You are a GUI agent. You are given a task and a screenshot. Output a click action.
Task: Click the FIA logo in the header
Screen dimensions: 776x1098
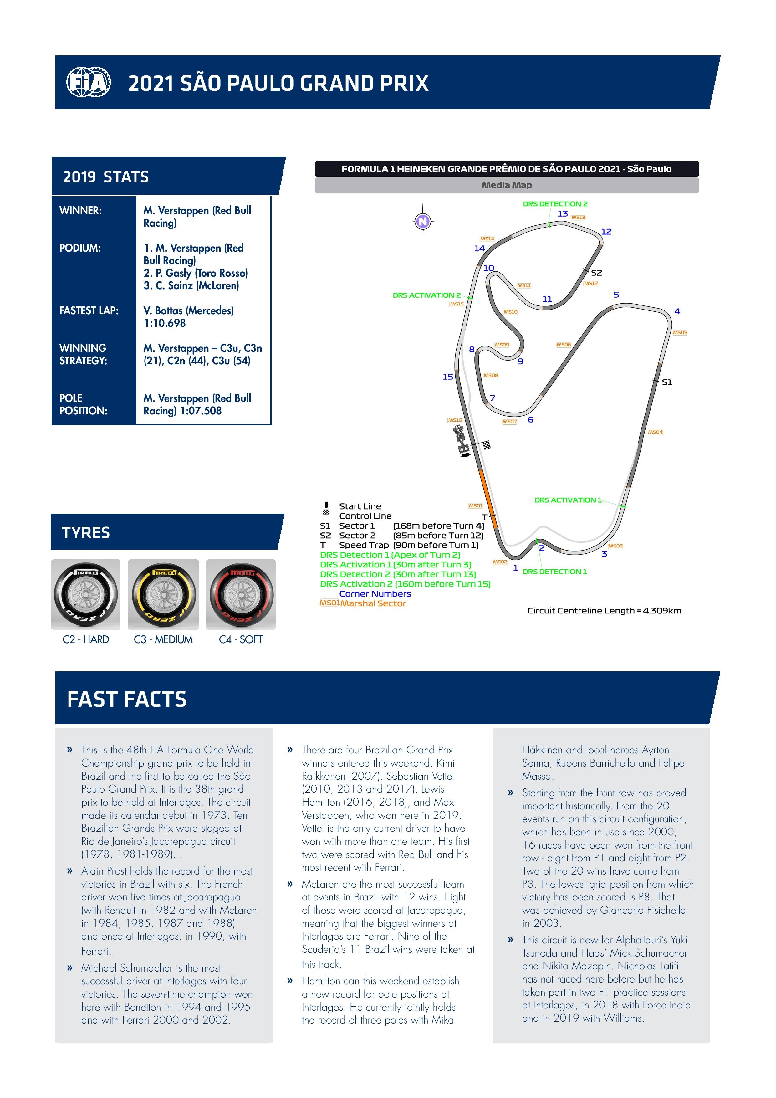(89, 82)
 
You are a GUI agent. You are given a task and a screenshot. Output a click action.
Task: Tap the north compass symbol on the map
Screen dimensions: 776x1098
(423, 221)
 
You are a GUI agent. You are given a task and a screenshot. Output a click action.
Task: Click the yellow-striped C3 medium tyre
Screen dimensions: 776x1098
(164, 594)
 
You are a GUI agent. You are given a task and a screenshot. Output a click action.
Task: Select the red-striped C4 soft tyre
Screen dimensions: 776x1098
(241, 594)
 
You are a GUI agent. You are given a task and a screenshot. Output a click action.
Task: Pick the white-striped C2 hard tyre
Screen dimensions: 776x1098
(86, 594)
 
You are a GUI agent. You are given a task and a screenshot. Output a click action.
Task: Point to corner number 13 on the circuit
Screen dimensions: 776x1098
(563, 214)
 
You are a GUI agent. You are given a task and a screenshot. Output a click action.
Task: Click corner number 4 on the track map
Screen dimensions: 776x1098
(677, 311)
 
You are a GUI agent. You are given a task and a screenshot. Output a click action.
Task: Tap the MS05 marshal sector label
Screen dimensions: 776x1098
(680, 332)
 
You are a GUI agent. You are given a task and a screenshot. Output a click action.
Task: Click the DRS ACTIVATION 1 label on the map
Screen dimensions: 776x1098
(568, 500)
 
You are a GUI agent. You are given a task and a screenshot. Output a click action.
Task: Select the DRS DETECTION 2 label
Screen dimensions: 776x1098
(555, 204)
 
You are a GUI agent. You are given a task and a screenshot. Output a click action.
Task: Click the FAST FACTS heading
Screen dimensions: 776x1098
(127, 699)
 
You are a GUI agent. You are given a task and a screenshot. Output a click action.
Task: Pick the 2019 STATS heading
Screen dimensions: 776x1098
(106, 177)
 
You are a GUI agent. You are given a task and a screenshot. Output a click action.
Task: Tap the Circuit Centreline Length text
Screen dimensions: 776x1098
(604, 611)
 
